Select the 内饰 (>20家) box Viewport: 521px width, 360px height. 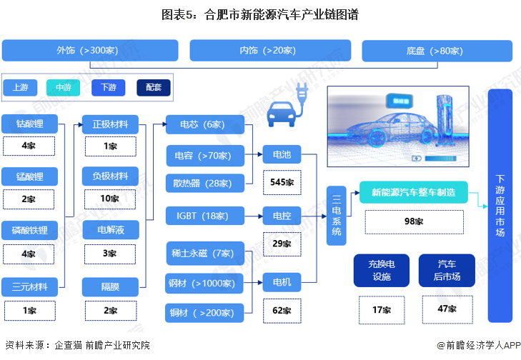coord(269,51)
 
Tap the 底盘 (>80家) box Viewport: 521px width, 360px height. coord(436,51)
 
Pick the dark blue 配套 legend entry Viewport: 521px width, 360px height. coord(154,88)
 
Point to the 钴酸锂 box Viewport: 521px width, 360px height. coord(29,124)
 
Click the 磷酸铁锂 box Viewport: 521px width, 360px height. coord(29,231)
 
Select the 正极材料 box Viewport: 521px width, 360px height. coord(110,124)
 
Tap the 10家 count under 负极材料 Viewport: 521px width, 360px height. coord(110,198)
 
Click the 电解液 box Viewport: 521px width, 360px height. coord(110,231)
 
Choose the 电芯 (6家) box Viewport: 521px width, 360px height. coord(204,124)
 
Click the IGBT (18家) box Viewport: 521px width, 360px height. coord(204,214)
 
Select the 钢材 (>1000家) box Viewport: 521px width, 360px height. coord(204,283)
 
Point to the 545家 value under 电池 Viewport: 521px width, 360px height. coord(282,181)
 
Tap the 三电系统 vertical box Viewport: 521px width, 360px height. coord(337,216)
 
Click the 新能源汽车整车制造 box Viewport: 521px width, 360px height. coord(414,191)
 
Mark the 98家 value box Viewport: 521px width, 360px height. coord(414,221)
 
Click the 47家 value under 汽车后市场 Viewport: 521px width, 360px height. coord(447,309)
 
